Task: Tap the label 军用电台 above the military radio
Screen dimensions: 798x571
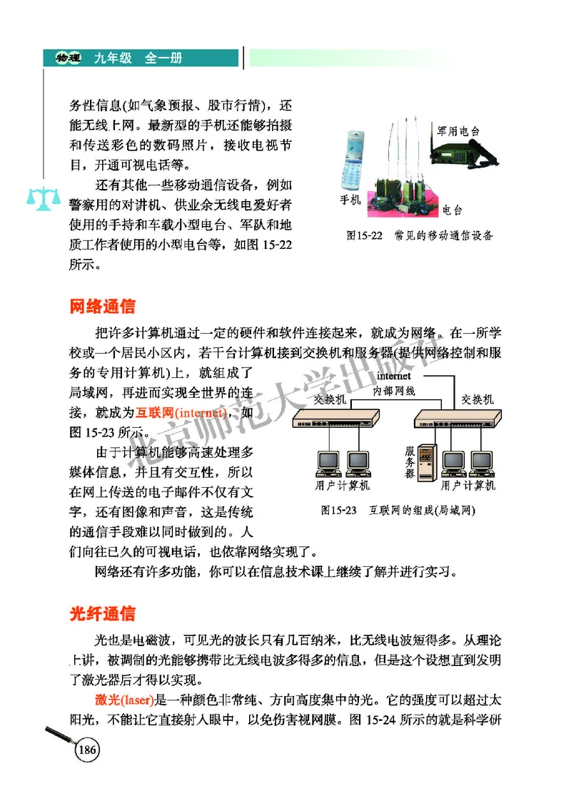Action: [x=458, y=131]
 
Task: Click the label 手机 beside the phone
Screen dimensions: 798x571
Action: [x=350, y=200]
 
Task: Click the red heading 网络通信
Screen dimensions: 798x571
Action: [x=102, y=307]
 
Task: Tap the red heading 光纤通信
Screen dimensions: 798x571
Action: [x=102, y=614]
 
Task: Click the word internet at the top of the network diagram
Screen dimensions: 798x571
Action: [x=394, y=376]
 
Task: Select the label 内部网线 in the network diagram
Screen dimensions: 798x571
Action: [x=394, y=391]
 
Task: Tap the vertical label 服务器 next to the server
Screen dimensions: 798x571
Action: [x=410, y=463]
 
